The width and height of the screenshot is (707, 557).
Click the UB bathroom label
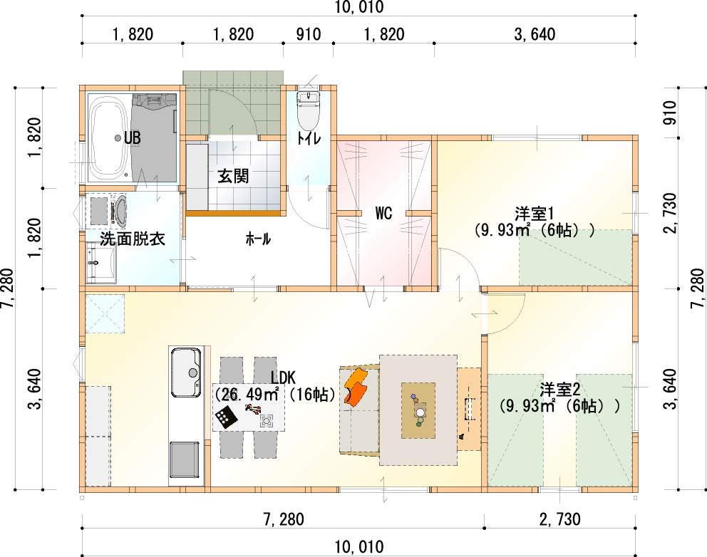[x=132, y=137]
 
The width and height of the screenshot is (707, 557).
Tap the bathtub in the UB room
[x=108, y=138]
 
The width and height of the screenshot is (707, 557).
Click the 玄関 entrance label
[x=233, y=176]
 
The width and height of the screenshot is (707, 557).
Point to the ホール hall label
[x=258, y=239]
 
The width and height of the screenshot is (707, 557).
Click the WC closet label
[x=383, y=213]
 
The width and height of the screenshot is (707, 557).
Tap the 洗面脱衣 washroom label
[x=132, y=239]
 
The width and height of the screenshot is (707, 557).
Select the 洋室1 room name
[x=534, y=213]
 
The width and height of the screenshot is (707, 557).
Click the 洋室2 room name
[x=559, y=389]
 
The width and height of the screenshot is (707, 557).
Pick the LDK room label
[x=283, y=377]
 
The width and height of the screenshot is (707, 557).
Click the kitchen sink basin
[x=185, y=373]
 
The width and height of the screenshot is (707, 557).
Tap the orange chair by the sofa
[x=356, y=387]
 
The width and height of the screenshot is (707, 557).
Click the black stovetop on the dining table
[x=226, y=417]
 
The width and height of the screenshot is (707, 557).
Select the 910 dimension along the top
[x=309, y=34]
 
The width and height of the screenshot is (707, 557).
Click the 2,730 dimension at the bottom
[x=559, y=519]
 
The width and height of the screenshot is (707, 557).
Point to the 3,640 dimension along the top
[x=535, y=34]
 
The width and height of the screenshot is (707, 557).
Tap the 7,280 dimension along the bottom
[x=283, y=519]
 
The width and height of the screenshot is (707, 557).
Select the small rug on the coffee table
[x=418, y=410]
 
